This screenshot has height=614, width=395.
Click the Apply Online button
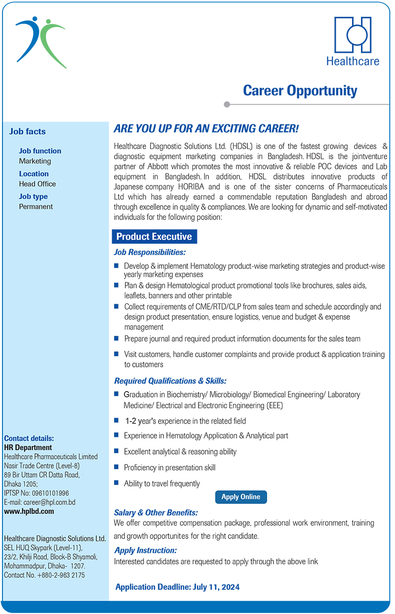point(241,497)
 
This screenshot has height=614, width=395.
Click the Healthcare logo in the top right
point(353,41)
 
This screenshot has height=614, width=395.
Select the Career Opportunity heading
point(300,91)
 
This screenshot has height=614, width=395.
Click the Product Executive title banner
point(154,237)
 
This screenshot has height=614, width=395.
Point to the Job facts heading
point(27,132)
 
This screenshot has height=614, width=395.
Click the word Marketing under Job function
point(35,161)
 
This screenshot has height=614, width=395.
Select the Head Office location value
point(38,184)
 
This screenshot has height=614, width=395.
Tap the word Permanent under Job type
point(36,207)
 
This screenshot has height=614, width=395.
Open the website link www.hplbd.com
point(29,511)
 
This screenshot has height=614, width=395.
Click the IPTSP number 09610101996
point(49,493)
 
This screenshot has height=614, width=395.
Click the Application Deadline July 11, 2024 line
point(177,587)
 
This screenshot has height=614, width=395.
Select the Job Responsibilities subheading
point(150,253)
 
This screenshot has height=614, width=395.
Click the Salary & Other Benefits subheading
point(156,513)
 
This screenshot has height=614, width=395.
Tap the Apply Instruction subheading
point(145,550)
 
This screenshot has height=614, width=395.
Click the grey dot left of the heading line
point(227,105)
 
